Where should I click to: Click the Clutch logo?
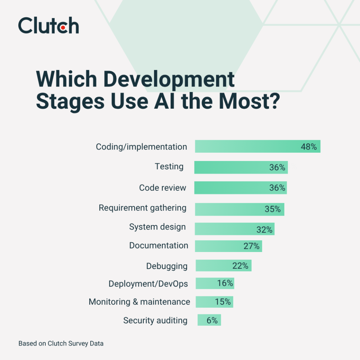click(x=48, y=25)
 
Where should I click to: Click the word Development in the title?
click(x=169, y=79)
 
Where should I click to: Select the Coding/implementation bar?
click(x=258, y=146)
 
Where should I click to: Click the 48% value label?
click(x=308, y=147)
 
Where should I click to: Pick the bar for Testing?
click(x=241, y=168)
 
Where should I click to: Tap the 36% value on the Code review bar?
click(x=277, y=188)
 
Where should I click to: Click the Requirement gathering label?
click(x=143, y=208)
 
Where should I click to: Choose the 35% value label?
click(x=272, y=209)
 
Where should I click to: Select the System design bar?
click(x=235, y=229)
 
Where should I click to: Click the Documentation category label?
click(x=159, y=246)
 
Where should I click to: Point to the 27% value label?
click(x=251, y=246)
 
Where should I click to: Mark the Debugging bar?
click(x=223, y=266)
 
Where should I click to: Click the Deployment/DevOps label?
click(x=148, y=284)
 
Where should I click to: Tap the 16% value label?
click(x=225, y=283)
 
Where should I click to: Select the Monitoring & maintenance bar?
click(x=214, y=302)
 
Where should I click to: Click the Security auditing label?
click(x=155, y=321)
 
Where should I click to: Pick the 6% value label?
click(x=212, y=321)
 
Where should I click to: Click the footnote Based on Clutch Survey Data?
click(x=61, y=344)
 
